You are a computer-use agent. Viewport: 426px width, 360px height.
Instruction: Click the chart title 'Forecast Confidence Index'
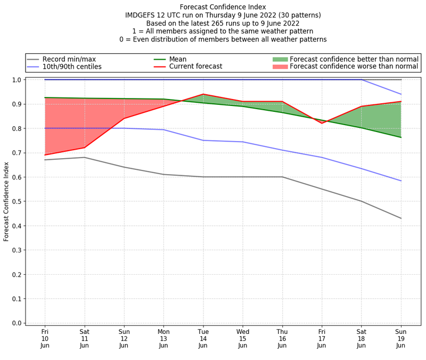(x=223, y=7)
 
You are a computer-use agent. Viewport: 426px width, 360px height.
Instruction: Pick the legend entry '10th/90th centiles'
(x=72, y=67)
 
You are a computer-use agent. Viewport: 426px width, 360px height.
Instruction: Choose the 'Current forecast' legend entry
(x=195, y=67)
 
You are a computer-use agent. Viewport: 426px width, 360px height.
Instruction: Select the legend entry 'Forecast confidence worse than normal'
(x=354, y=67)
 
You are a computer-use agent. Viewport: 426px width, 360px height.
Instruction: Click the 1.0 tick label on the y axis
(x=17, y=80)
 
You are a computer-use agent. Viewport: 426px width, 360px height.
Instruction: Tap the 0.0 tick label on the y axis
(x=17, y=323)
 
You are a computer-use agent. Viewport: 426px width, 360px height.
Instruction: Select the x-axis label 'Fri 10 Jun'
(x=45, y=338)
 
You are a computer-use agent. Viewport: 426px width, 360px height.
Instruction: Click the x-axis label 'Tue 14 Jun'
(x=203, y=338)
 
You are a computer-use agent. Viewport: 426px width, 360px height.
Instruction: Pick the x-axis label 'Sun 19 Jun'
(x=401, y=338)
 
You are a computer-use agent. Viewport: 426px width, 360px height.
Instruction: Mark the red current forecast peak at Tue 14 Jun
(x=203, y=94)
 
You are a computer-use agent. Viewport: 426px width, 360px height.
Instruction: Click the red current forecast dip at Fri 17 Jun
(x=322, y=124)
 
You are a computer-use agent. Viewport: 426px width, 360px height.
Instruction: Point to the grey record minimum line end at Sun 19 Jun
(x=401, y=218)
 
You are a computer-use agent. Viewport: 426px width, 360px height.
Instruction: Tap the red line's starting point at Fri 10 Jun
(x=45, y=155)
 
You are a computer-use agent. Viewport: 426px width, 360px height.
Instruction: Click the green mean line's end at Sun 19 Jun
(x=401, y=137)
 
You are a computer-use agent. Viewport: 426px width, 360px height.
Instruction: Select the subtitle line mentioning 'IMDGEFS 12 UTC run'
(x=223, y=15)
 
